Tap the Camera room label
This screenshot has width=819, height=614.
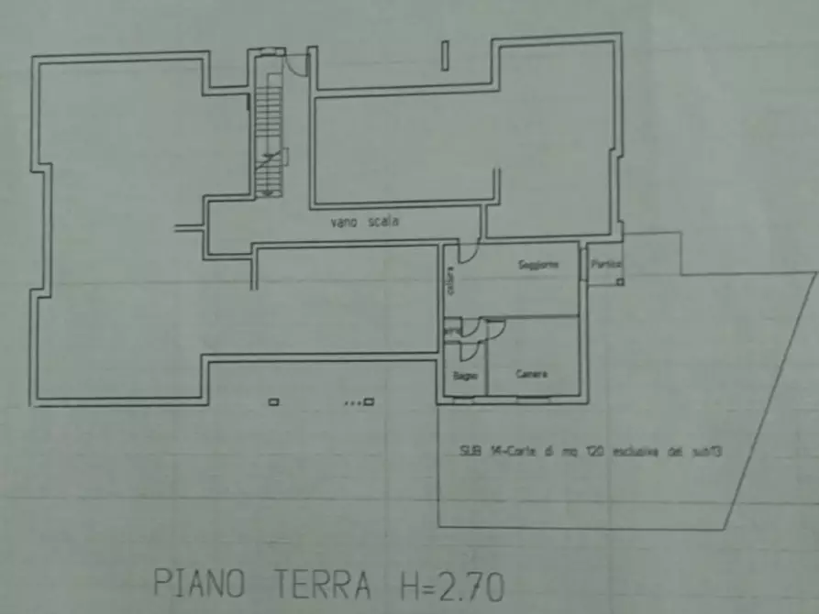[x=532, y=374]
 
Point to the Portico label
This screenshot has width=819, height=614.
[x=606, y=264]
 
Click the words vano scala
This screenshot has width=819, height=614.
[x=364, y=221]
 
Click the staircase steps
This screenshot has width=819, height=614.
[x=267, y=128]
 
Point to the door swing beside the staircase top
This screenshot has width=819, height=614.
[x=296, y=64]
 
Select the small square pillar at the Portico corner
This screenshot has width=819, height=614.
[x=620, y=281]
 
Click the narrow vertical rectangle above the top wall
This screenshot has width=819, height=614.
[x=445, y=55]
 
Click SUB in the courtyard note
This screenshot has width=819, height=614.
[x=470, y=451]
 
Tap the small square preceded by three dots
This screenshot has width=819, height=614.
[x=369, y=401]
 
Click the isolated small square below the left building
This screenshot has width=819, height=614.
[x=273, y=401]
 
